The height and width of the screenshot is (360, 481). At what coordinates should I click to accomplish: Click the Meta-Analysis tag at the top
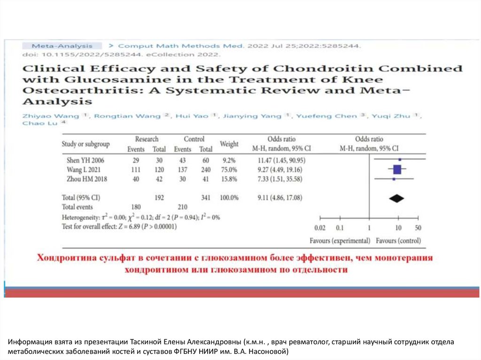(x=62, y=46)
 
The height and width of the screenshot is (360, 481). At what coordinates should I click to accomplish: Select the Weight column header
(x=229, y=144)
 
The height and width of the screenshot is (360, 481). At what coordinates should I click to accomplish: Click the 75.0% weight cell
(x=229, y=169)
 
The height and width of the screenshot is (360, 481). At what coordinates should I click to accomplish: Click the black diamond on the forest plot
(x=397, y=199)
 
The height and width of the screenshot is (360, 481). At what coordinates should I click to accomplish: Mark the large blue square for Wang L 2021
(x=397, y=169)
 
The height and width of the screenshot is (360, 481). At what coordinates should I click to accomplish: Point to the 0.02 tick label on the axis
(x=320, y=228)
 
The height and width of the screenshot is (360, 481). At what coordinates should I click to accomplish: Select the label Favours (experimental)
(x=340, y=241)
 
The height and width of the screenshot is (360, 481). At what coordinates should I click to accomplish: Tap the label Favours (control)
(x=399, y=241)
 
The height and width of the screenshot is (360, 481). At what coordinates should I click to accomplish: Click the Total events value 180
(x=136, y=207)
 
